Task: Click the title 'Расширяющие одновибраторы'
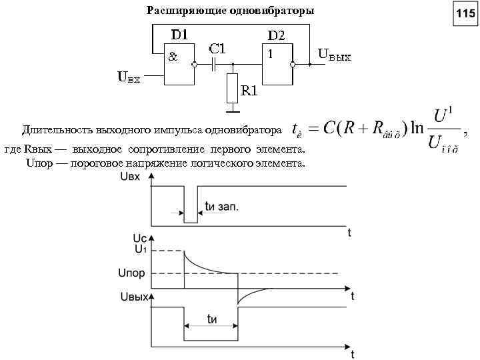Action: (x=230, y=11)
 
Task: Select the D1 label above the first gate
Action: (x=178, y=34)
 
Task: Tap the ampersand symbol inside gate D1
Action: (x=172, y=57)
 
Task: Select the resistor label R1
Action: (x=249, y=91)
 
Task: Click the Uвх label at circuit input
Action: (x=129, y=78)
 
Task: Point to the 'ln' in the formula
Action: (x=417, y=128)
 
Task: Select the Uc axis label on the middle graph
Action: (x=140, y=238)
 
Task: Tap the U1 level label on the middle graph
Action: (x=141, y=249)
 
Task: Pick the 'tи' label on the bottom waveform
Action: (x=213, y=319)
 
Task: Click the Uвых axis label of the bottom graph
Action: (x=133, y=297)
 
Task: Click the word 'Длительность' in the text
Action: (x=53, y=128)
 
